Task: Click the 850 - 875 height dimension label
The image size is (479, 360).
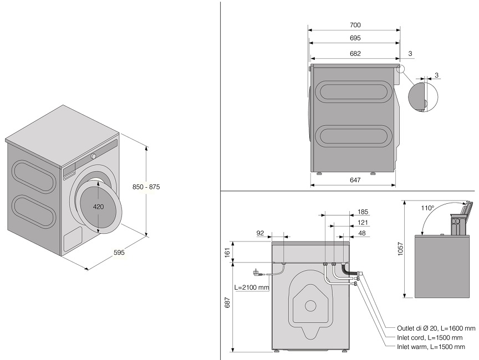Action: coord(147,187)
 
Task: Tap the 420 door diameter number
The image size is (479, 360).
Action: coord(99,206)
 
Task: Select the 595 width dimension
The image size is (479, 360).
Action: coord(119,253)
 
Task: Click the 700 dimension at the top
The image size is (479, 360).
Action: coord(355,25)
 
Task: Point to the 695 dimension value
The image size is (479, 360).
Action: coord(355,38)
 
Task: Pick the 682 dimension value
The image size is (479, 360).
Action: coord(355,54)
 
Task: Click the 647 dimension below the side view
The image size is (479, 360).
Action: coord(355,180)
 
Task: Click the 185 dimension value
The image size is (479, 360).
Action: coord(363,212)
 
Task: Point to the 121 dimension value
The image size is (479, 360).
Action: coord(363,222)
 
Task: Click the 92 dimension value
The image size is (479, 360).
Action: coord(260,233)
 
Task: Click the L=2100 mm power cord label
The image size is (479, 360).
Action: coord(252,288)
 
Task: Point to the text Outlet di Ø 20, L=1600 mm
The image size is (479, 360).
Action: coord(436,328)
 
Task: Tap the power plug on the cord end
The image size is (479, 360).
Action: coord(256,272)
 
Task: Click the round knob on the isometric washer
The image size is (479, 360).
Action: coord(94,156)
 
